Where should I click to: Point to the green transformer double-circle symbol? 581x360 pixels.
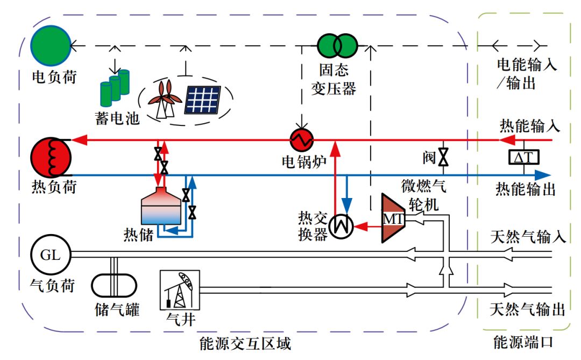[x=337, y=46]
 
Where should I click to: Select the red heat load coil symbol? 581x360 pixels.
[x=51, y=158]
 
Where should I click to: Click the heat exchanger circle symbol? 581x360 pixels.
[x=341, y=227]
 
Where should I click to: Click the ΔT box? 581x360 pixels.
[x=525, y=157]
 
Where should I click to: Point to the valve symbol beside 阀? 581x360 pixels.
[x=443, y=158]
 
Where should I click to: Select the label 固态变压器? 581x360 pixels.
[x=334, y=80]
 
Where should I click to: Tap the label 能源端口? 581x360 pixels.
[x=523, y=342]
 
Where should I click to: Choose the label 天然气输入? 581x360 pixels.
[x=527, y=237]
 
